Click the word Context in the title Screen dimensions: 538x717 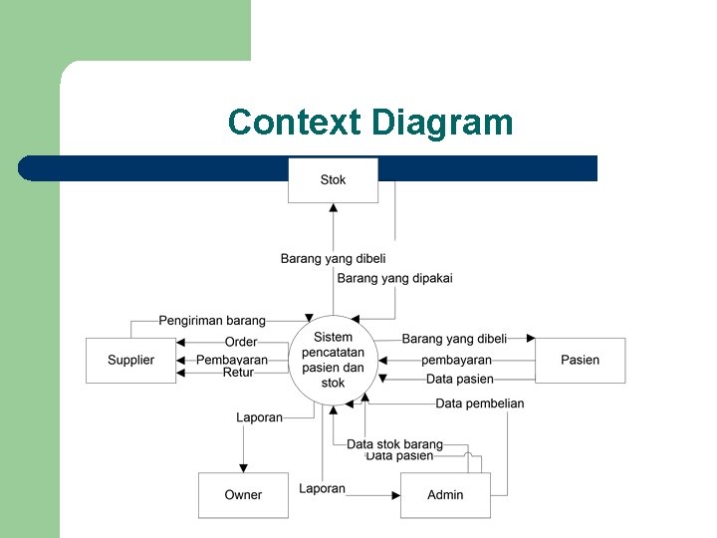(295, 123)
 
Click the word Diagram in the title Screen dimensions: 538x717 (442, 123)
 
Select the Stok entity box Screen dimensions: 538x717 (334, 180)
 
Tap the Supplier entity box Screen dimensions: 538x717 (130, 360)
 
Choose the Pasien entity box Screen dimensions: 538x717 (581, 360)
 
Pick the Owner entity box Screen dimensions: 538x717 (243, 495)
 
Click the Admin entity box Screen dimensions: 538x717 (445, 495)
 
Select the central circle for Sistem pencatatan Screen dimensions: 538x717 (334, 360)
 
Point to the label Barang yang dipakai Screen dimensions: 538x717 (394, 279)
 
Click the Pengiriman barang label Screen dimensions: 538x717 (212, 321)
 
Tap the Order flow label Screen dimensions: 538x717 (241, 342)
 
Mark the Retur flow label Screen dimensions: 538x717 (238, 373)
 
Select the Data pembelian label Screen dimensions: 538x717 (479, 403)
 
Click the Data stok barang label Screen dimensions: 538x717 (394, 444)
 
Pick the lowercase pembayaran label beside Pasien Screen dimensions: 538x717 (456, 360)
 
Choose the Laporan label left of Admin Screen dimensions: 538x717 (323, 488)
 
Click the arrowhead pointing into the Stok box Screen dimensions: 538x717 (334, 208)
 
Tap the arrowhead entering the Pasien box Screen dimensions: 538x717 (531, 339)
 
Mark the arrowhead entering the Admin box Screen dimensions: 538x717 (395, 495)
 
